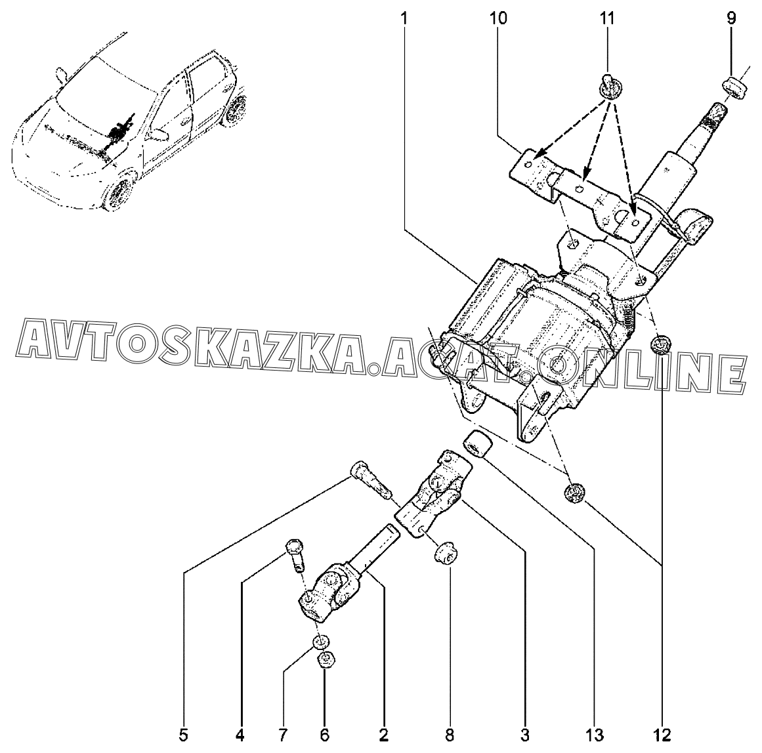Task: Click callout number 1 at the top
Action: [x=404, y=18]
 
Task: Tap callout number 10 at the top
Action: [x=499, y=18]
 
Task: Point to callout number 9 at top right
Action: [x=731, y=18]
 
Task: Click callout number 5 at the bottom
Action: [x=182, y=735]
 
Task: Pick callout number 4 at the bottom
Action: [x=240, y=735]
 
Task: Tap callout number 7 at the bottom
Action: [x=283, y=735]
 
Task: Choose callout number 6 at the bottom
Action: [x=325, y=735]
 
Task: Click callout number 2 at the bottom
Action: [x=383, y=735]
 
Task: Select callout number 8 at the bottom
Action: [x=450, y=735]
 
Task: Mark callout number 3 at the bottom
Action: [x=524, y=735]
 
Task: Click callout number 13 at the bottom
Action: [x=595, y=735]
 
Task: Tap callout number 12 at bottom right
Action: [x=662, y=735]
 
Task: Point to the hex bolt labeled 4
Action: [x=295, y=554]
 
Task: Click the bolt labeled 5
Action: [x=370, y=480]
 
